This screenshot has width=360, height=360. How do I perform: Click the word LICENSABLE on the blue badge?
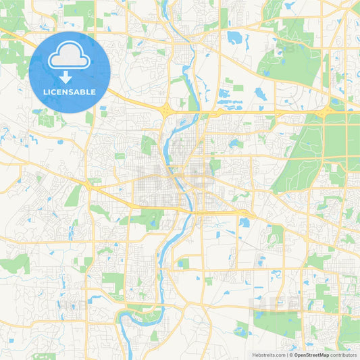point(70,92)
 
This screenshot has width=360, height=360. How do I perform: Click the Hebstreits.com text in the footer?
point(267,354)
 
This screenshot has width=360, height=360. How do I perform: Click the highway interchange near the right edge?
point(330,109)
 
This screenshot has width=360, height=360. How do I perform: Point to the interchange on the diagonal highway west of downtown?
point(89,184)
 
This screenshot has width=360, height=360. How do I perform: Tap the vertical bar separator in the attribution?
point(288,354)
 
